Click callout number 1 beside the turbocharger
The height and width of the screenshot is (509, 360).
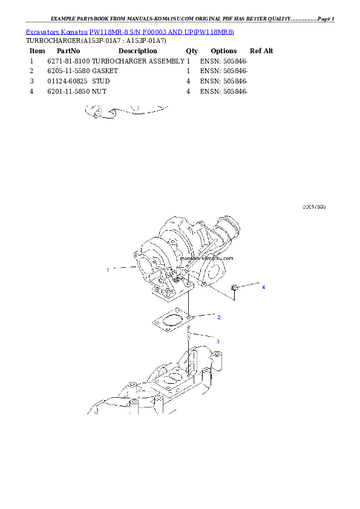(108, 270)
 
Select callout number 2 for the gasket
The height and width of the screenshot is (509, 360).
(218, 317)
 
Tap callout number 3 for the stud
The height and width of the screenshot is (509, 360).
(218, 342)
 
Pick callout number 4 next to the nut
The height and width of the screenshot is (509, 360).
(263, 287)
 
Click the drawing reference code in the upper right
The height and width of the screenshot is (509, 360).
(314, 207)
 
